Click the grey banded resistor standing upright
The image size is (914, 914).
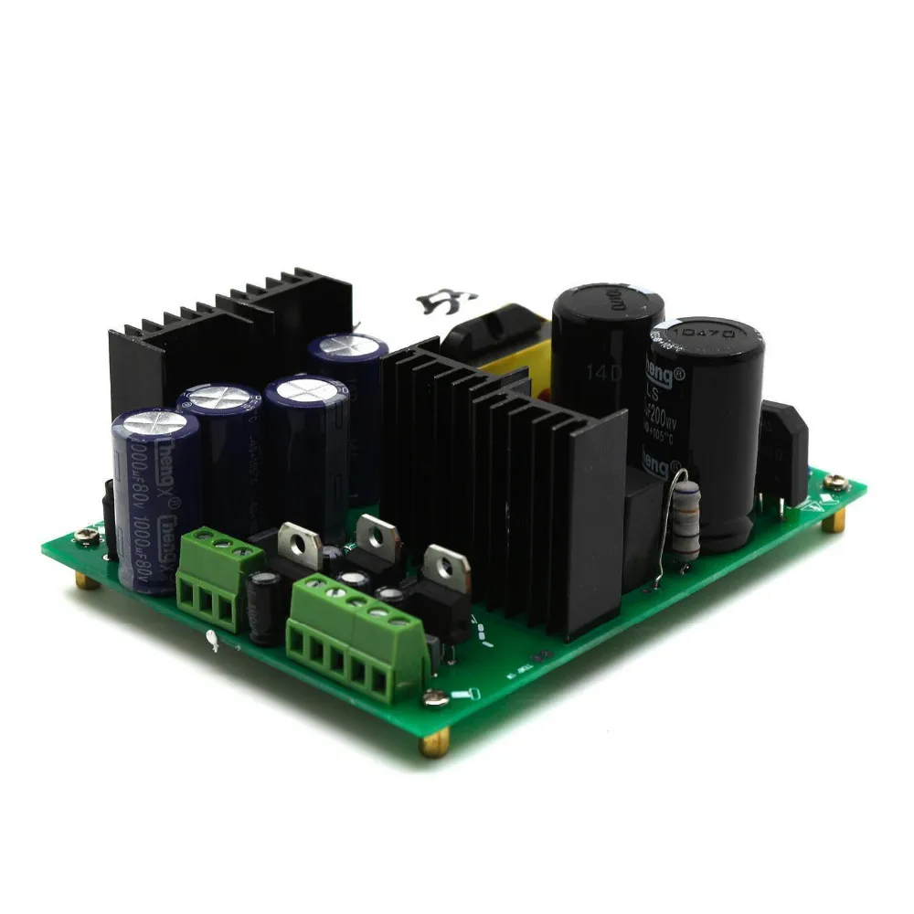[x=685, y=518]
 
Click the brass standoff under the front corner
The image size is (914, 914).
[x=433, y=745]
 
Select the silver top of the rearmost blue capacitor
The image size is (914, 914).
[x=346, y=345]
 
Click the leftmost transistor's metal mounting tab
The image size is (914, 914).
[x=298, y=541]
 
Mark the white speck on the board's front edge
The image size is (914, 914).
[x=213, y=642]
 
